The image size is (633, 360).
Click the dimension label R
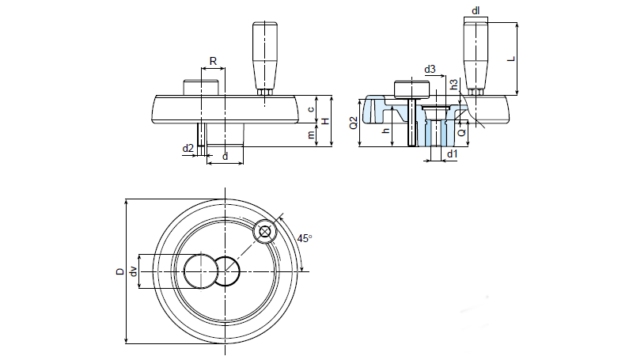213,61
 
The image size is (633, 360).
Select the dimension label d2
188,148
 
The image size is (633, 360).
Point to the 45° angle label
304,237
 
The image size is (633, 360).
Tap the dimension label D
119,271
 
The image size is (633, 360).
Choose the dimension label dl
476,10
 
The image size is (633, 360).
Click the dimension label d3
429,70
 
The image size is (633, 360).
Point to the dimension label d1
451,153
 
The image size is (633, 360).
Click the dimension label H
325,120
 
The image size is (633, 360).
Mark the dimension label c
312,109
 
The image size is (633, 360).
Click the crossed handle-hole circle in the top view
264,233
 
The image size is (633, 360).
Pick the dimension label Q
461,132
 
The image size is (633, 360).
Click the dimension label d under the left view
226,157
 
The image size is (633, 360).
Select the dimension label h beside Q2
385,131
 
